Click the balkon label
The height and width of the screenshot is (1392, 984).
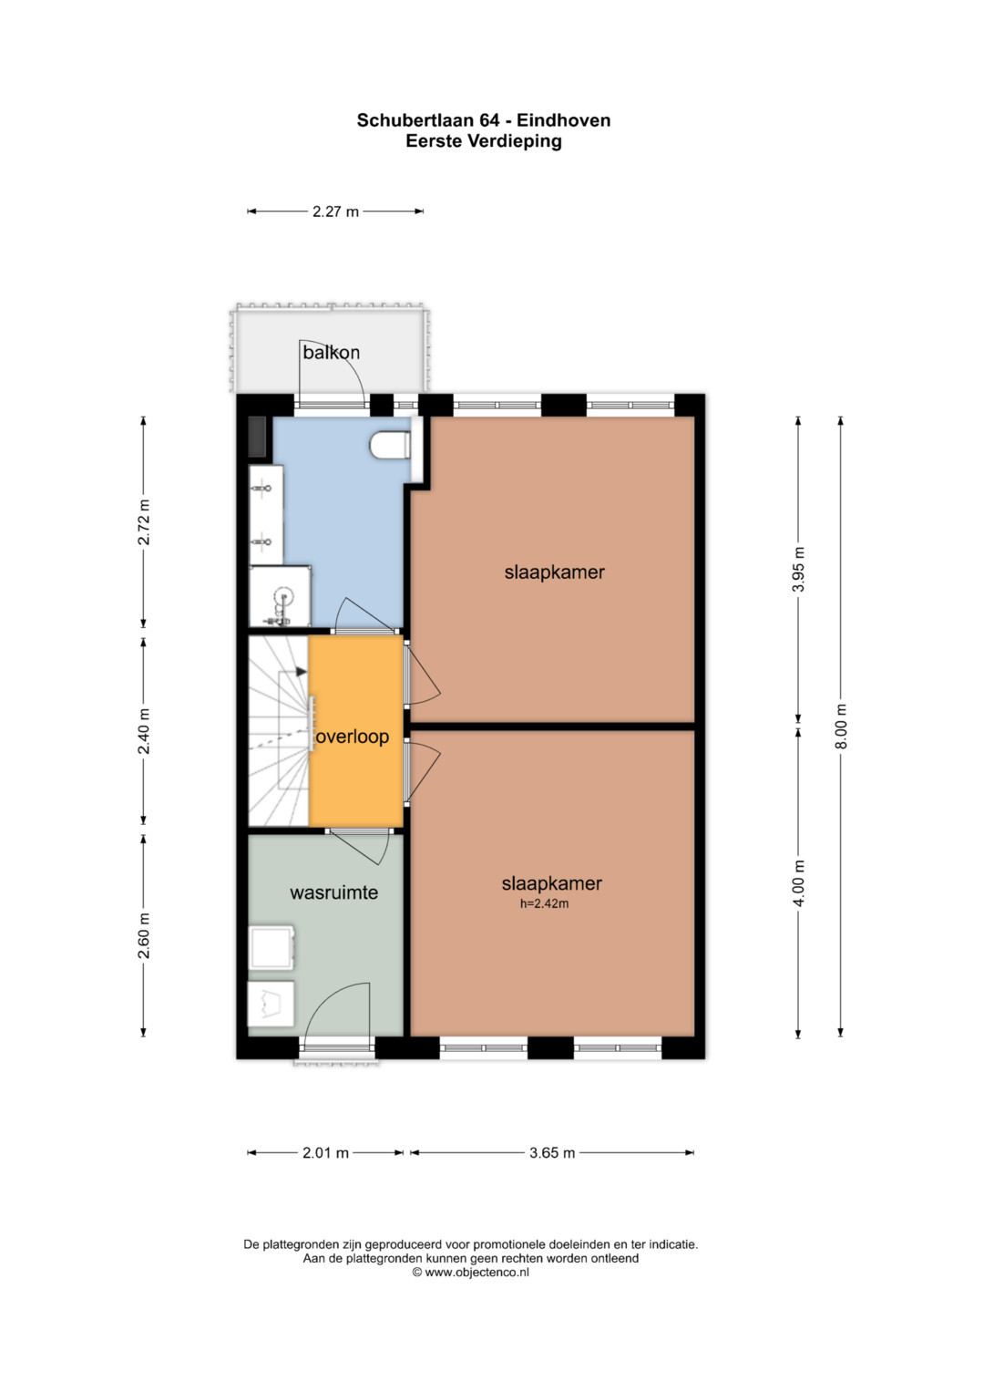tap(331, 353)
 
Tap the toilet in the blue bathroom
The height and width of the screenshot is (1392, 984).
tap(390, 445)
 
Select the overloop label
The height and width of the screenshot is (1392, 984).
tap(353, 737)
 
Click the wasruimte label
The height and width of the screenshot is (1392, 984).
tap(333, 892)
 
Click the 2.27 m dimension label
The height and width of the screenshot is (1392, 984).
tap(335, 211)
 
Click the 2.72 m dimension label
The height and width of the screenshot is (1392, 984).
tap(144, 522)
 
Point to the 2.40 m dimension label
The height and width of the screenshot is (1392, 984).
tap(144, 731)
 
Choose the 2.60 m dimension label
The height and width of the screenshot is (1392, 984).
tap(144, 935)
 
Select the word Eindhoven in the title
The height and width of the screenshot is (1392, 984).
tap(564, 120)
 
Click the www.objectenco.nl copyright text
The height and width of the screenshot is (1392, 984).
tap(471, 1272)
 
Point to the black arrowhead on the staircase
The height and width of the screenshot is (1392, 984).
tap(302, 672)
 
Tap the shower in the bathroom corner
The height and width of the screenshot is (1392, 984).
tap(280, 596)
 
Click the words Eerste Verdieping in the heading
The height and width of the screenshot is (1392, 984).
tap(483, 141)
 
